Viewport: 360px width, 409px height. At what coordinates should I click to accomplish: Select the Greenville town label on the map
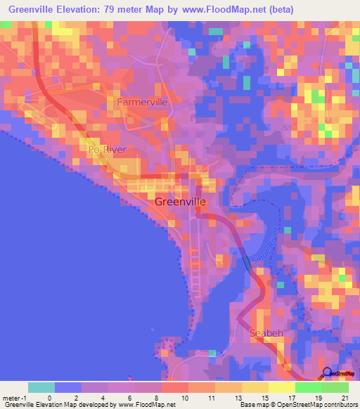180,202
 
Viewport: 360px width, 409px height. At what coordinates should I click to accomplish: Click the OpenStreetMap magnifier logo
328,374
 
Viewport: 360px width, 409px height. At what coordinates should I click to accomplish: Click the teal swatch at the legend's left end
41,387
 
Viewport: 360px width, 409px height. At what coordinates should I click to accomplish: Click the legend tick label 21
344,397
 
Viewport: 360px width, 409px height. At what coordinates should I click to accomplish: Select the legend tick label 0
49,397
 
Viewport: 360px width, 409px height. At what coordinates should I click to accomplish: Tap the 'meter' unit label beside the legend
13,397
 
